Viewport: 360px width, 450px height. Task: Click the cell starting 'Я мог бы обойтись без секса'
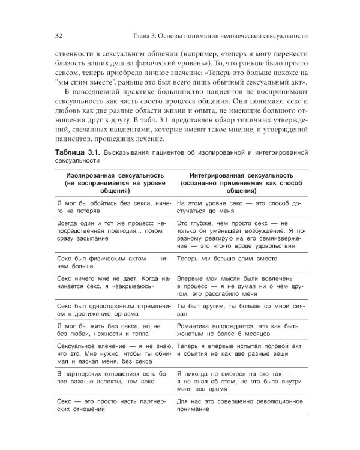(x=113, y=208)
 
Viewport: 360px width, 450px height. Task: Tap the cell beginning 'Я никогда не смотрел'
(x=238, y=380)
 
